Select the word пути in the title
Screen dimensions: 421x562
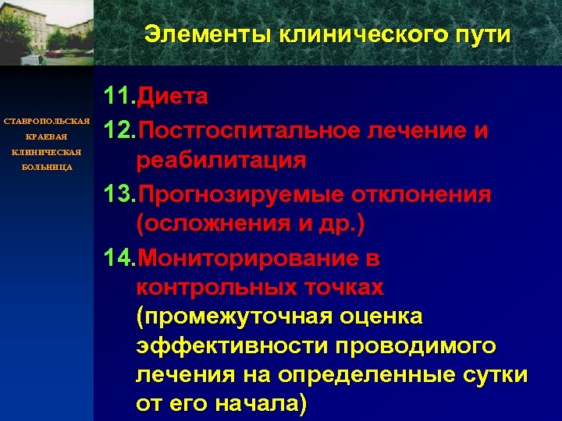click(483, 36)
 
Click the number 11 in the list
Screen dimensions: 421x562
click(119, 97)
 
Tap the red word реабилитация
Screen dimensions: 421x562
click(220, 161)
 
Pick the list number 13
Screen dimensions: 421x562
click(119, 194)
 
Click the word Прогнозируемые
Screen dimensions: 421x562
click(247, 194)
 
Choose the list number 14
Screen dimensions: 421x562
click(119, 257)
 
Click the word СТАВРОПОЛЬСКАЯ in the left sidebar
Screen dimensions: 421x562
click(47, 122)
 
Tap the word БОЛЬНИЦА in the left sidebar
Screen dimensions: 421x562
click(47, 167)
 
